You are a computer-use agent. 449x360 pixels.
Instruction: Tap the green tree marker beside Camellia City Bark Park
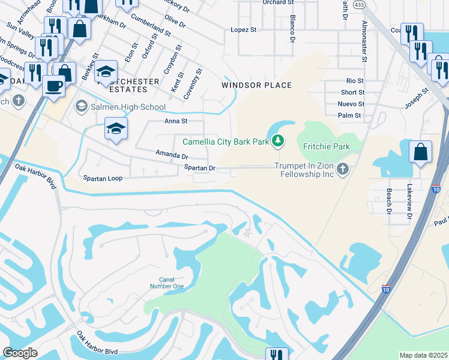click(x=277, y=142)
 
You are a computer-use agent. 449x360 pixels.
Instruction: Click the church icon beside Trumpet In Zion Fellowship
click(x=342, y=169)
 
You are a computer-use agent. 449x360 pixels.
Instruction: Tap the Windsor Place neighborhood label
click(x=256, y=85)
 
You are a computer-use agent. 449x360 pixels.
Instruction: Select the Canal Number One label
click(x=170, y=283)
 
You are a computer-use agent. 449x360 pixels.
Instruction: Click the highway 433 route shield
click(x=359, y=4)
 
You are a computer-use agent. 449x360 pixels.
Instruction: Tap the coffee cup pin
click(x=54, y=85)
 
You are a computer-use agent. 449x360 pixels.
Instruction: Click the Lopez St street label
click(x=244, y=29)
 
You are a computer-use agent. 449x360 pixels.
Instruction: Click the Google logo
click(x=20, y=353)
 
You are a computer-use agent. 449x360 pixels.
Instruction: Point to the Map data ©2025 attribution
click(x=423, y=355)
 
